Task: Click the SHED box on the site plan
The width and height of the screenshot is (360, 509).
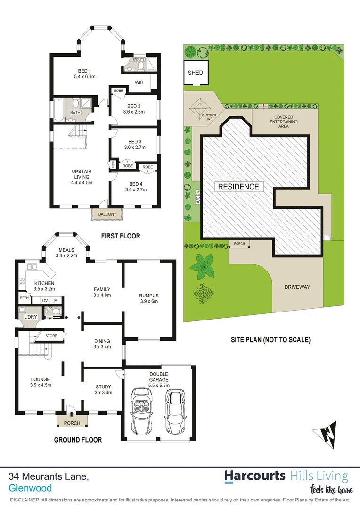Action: pos(196,73)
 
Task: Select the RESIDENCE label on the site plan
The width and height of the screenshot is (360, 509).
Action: pos(238,187)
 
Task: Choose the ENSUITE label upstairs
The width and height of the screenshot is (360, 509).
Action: pos(139,60)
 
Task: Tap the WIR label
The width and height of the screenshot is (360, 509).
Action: pos(139,82)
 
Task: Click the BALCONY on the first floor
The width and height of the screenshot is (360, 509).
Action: pos(107,214)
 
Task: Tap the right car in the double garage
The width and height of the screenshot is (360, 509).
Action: pos(174,411)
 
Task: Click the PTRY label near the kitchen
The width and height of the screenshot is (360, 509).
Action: pos(24,299)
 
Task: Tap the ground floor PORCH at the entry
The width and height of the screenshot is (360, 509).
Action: pos(72,423)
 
